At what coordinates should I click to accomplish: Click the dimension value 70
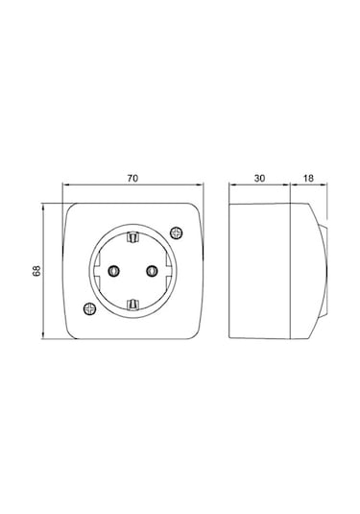(132, 179)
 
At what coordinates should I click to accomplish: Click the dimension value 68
(36, 270)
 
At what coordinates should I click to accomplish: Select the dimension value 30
(259, 179)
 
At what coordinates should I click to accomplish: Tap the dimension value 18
(308, 179)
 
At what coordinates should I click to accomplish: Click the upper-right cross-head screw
(177, 233)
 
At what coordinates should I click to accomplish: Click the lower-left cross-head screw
(89, 308)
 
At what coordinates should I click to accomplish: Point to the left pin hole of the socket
(113, 271)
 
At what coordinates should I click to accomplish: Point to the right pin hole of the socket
(152, 271)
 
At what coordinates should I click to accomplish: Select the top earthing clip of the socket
(132, 237)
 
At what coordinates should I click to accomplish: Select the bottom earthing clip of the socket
(132, 305)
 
